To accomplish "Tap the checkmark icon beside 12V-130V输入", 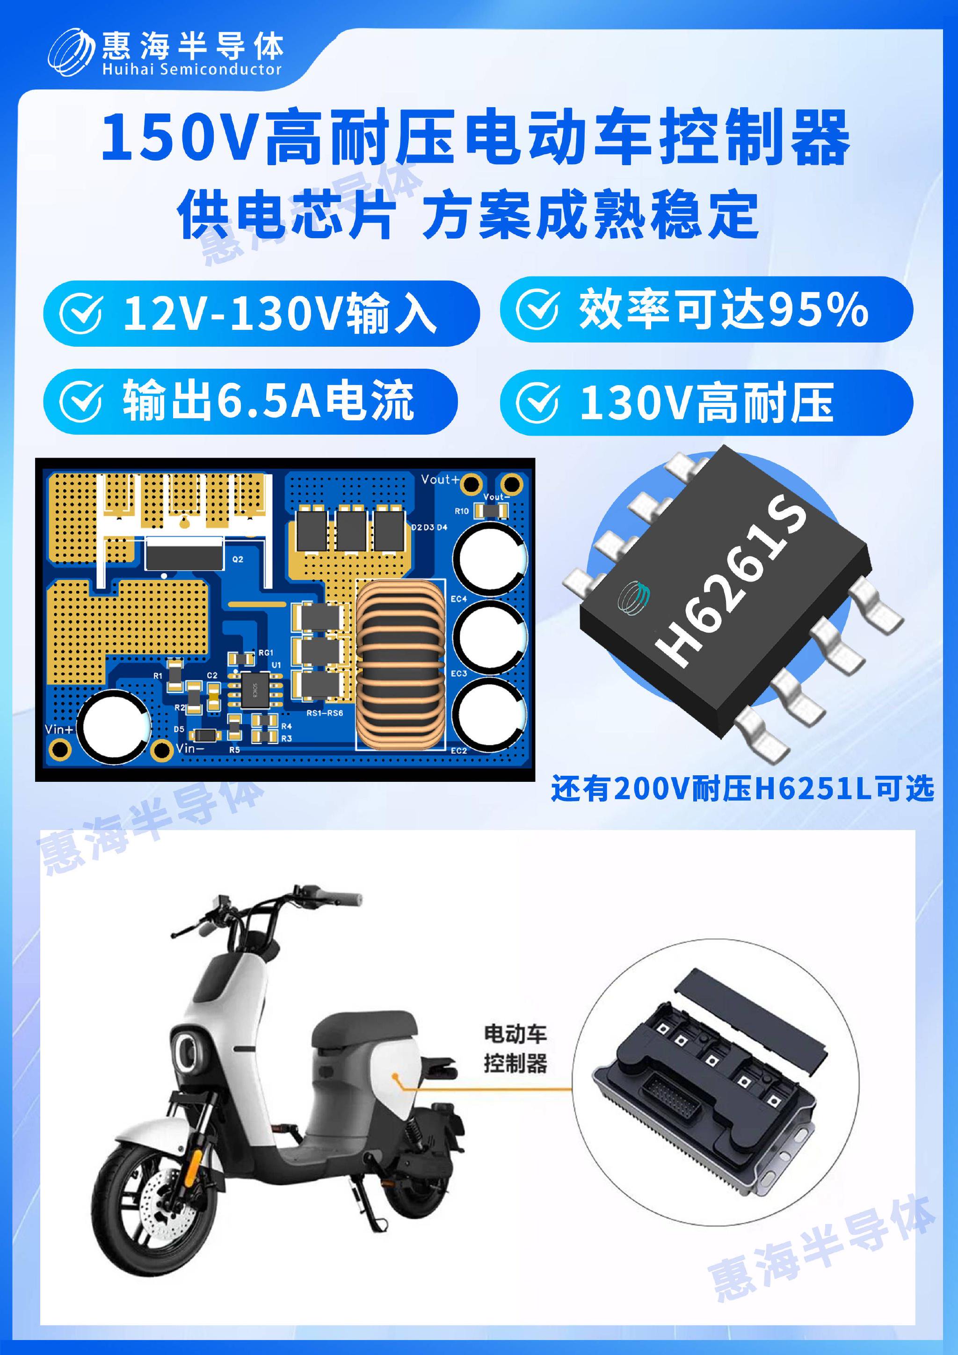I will pos(81,313).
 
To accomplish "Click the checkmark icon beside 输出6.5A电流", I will pos(81,402).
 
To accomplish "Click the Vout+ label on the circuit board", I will pos(440,479).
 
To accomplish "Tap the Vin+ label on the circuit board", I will pos(59,729).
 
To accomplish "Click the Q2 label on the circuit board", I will pos(238,559).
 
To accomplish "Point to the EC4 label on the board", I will pos(458,599).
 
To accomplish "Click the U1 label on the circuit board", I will pos(276,665).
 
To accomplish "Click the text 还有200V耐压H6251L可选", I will pos(742,788).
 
